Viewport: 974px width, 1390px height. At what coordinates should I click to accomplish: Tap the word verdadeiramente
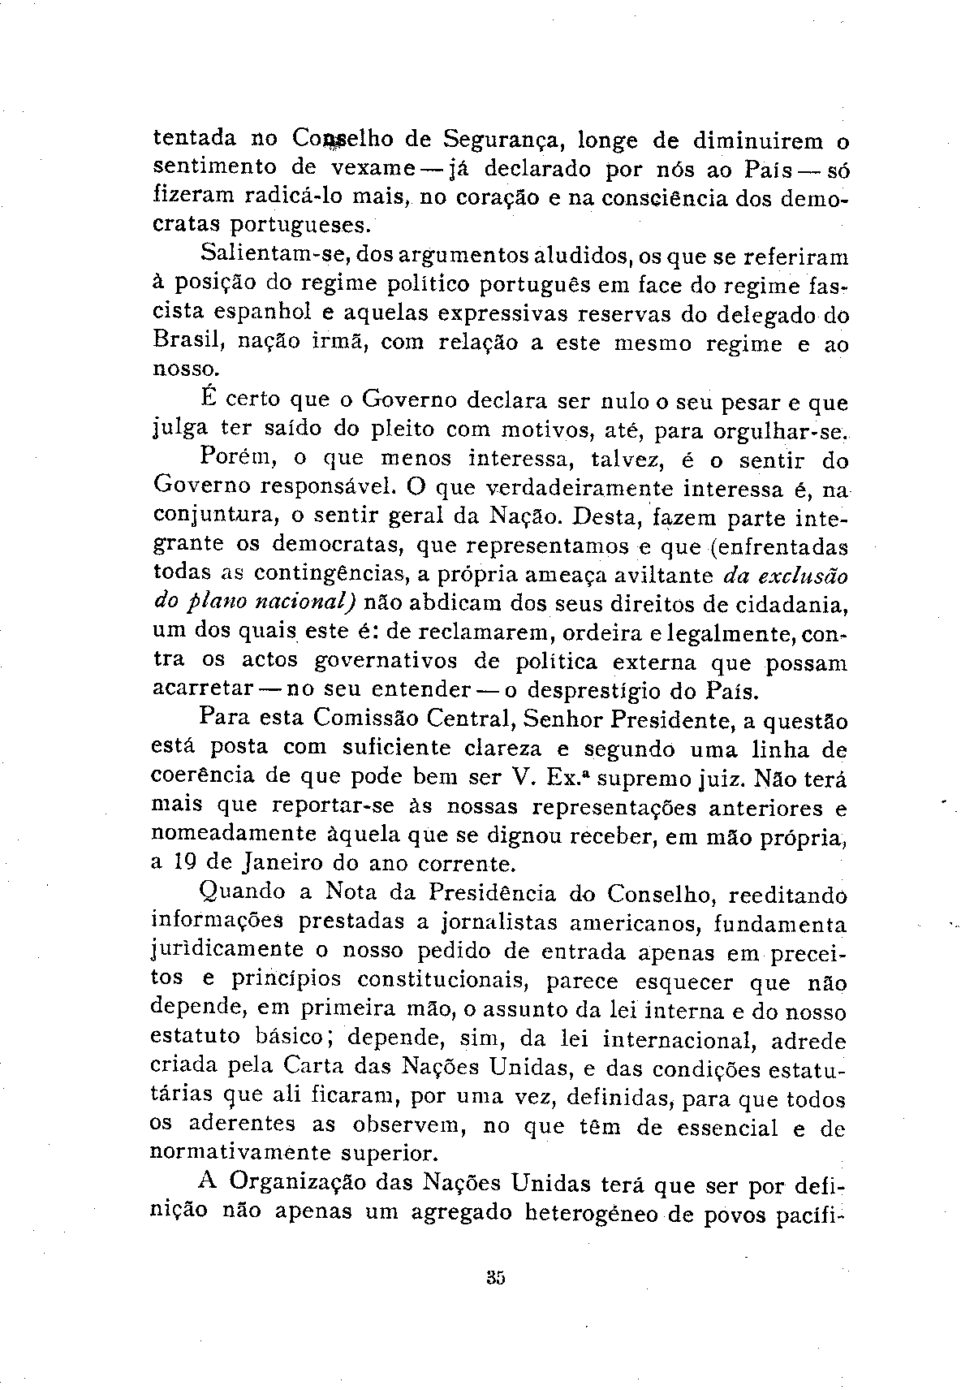pos(552,489)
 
